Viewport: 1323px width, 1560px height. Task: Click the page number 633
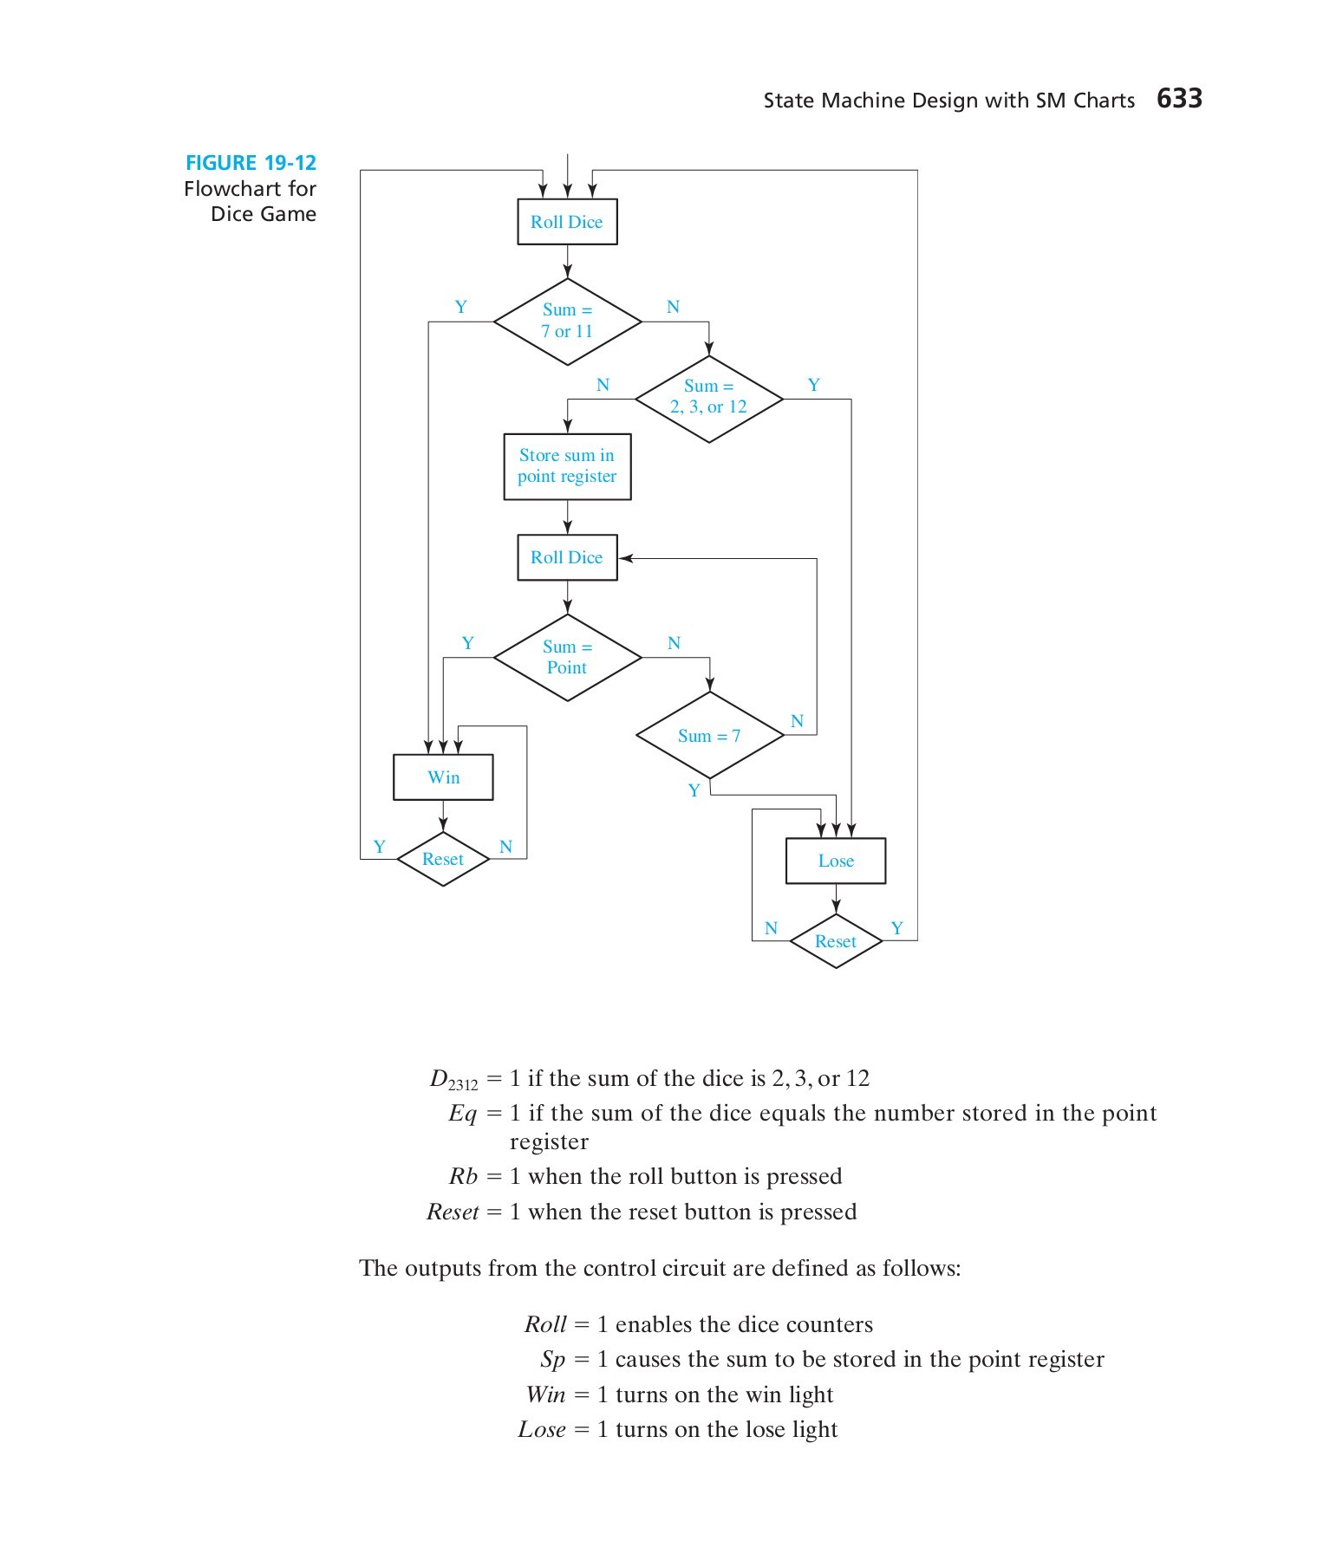1178,99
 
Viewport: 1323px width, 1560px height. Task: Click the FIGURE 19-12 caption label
251,163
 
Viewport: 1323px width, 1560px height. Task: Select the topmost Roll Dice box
567,222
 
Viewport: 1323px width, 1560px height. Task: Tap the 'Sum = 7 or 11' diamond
567,321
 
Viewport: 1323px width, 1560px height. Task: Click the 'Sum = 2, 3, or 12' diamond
708,398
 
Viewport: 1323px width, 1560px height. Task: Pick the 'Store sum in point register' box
567,466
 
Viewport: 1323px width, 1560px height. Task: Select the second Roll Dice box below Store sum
567,557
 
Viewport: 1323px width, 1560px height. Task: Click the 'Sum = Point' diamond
567,657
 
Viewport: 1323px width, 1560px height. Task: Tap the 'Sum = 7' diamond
709,735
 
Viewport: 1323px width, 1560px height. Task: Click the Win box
443,777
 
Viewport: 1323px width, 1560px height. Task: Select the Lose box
835,861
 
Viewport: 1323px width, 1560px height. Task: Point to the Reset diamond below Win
443,859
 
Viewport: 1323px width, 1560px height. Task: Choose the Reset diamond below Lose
835,941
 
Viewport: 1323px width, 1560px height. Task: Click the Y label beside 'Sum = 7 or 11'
461,307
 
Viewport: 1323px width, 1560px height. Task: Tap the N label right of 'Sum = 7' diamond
797,721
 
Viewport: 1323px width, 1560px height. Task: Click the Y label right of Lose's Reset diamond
896,928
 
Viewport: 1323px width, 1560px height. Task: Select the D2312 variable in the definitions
453,1080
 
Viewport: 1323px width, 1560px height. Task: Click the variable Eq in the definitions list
462,1114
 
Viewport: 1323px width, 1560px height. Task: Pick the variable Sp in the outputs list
552,1360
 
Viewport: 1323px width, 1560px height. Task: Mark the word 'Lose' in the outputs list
542,1430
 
